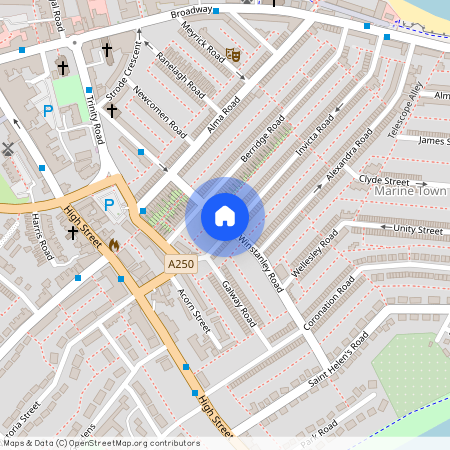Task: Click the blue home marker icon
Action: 225,216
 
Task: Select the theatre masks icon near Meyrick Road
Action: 233,56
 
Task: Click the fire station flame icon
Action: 114,243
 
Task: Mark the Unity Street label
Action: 417,230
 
